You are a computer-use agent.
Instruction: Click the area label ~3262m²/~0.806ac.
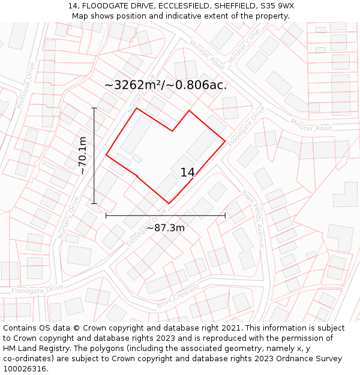click(166, 85)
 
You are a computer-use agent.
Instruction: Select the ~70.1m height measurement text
click(83, 155)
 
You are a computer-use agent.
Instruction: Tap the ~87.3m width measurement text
click(166, 227)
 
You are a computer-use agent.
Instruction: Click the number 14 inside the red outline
click(188, 173)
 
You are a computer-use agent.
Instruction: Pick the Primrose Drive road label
click(27, 85)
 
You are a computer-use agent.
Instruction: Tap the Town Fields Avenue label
click(253, 219)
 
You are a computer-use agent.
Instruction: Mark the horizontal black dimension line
click(192, 215)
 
